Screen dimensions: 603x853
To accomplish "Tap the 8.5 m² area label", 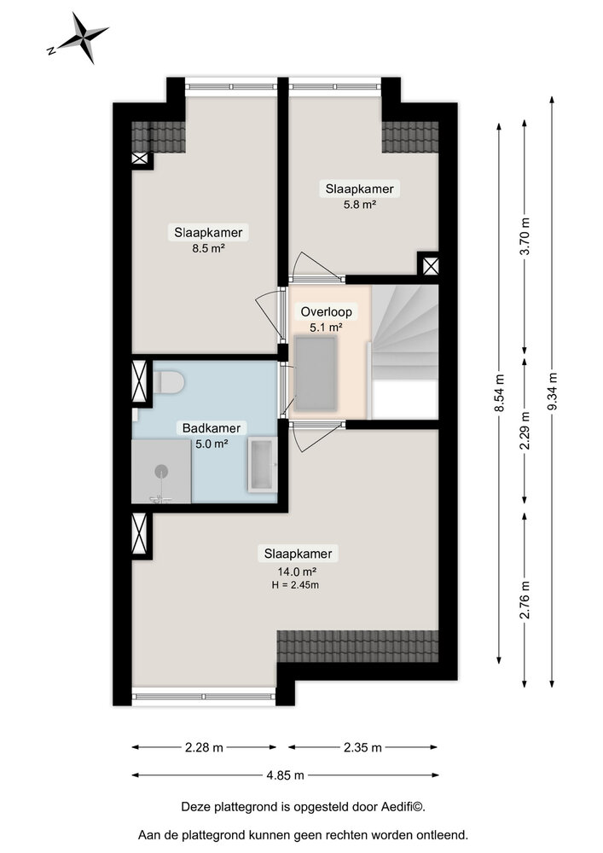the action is point(209,248).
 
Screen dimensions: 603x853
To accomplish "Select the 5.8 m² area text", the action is point(360,205).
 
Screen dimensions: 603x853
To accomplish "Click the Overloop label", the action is point(327,311).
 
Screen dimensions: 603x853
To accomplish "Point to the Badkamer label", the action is point(211,428).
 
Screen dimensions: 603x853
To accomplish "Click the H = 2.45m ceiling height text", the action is point(295,585).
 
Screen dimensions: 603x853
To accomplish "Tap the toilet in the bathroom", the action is point(169,382).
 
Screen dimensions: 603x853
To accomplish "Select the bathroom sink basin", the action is point(264,465).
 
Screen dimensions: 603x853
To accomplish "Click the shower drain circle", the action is point(161,471).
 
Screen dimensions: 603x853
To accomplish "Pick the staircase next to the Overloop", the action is point(405,351).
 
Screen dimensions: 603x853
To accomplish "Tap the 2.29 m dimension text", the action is point(525,431).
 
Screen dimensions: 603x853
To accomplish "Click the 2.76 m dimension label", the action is point(525,600).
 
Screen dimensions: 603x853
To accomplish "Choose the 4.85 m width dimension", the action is point(286,775).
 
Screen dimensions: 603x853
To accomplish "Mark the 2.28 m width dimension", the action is point(204,747).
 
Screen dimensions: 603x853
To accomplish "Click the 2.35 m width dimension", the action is point(362,747).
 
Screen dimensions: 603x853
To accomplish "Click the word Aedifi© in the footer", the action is point(404,807).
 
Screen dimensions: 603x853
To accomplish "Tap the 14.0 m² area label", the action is point(297,572).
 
